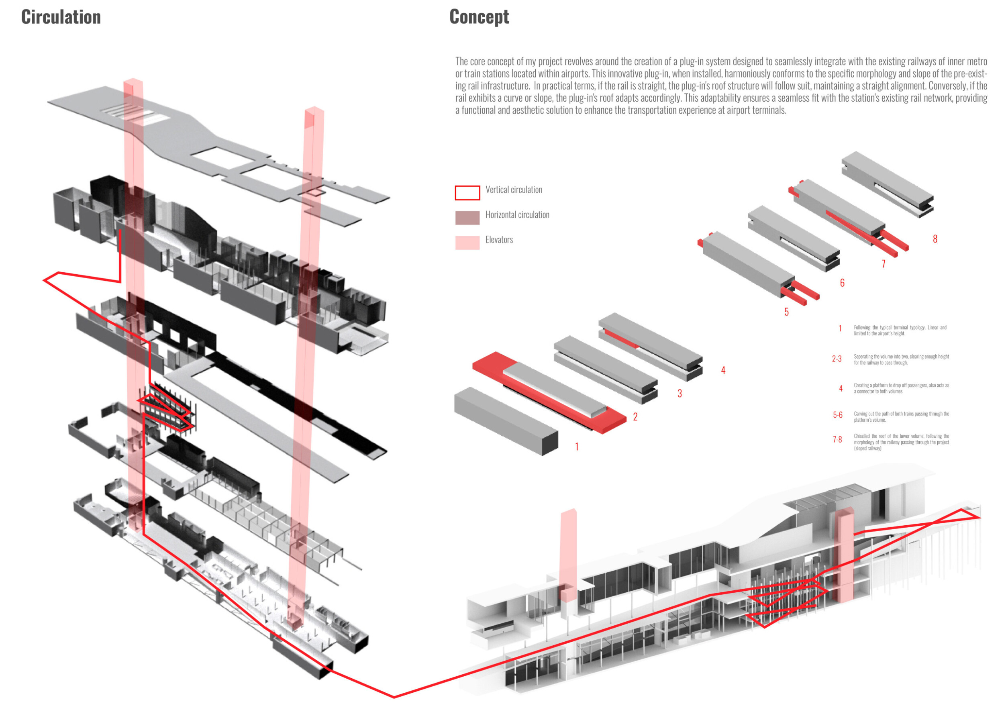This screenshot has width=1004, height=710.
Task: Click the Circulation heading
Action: coord(61,17)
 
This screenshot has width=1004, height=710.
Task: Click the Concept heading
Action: coord(479,17)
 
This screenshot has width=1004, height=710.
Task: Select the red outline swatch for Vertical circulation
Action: coord(467,193)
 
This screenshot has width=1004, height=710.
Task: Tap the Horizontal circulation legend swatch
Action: coord(467,218)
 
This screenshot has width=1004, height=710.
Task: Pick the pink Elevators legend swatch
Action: coord(467,243)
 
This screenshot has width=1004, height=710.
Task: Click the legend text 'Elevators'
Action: coord(499,240)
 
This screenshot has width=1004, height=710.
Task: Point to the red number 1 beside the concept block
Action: coord(577,447)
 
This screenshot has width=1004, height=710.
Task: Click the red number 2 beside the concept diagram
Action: coord(635,417)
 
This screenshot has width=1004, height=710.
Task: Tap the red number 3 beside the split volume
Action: coord(680,394)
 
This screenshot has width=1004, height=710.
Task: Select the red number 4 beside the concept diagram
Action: coord(723,370)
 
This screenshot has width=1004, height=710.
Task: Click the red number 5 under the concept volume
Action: coord(786,312)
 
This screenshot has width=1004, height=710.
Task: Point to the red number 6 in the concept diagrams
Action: coord(842,283)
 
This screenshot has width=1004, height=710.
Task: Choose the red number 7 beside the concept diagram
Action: coord(883,263)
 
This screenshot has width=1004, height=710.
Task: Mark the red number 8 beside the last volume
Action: coord(935,239)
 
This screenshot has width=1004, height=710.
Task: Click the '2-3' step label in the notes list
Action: coord(837,359)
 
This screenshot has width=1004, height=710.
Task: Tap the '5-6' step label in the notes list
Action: coord(837,415)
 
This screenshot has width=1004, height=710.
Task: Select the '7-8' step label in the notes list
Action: coord(837,439)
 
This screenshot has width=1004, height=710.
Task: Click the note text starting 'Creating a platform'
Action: coord(901,388)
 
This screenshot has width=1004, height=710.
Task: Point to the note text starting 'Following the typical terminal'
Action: coord(900,331)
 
